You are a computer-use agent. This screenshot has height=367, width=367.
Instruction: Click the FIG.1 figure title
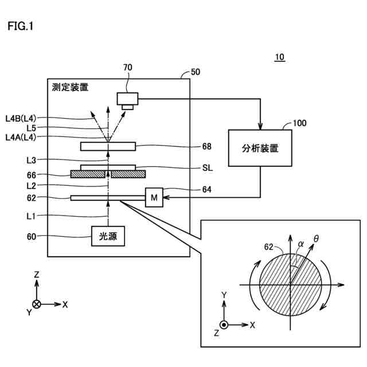click(21, 26)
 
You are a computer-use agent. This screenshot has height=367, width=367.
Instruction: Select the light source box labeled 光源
click(108, 236)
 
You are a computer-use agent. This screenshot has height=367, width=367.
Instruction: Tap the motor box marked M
click(154, 197)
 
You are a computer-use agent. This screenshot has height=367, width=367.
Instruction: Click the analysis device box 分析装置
click(260, 148)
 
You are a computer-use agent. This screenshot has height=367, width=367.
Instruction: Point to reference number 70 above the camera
click(128, 68)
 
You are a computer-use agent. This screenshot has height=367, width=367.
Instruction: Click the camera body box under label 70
click(127, 99)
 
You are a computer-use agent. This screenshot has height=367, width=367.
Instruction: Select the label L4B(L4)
click(21, 119)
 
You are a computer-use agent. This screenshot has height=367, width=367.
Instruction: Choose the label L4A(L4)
click(21, 137)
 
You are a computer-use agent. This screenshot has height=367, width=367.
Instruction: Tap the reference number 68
click(206, 147)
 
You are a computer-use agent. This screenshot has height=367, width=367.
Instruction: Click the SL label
click(208, 168)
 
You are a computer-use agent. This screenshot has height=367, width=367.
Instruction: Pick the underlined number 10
click(280, 57)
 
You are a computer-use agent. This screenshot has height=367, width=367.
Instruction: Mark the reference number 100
click(299, 123)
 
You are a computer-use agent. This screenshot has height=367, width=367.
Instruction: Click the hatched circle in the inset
click(291, 285)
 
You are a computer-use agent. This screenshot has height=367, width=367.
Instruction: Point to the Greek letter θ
click(316, 239)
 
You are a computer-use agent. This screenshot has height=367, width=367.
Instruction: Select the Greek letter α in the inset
click(300, 244)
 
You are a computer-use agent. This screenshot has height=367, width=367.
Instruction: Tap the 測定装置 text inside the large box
click(70, 87)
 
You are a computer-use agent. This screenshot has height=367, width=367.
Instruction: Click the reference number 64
click(206, 189)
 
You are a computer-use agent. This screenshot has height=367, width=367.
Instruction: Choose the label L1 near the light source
click(31, 216)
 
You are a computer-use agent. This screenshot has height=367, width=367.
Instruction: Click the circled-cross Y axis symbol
click(37, 304)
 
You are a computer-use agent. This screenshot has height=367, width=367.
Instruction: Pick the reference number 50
click(196, 72)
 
